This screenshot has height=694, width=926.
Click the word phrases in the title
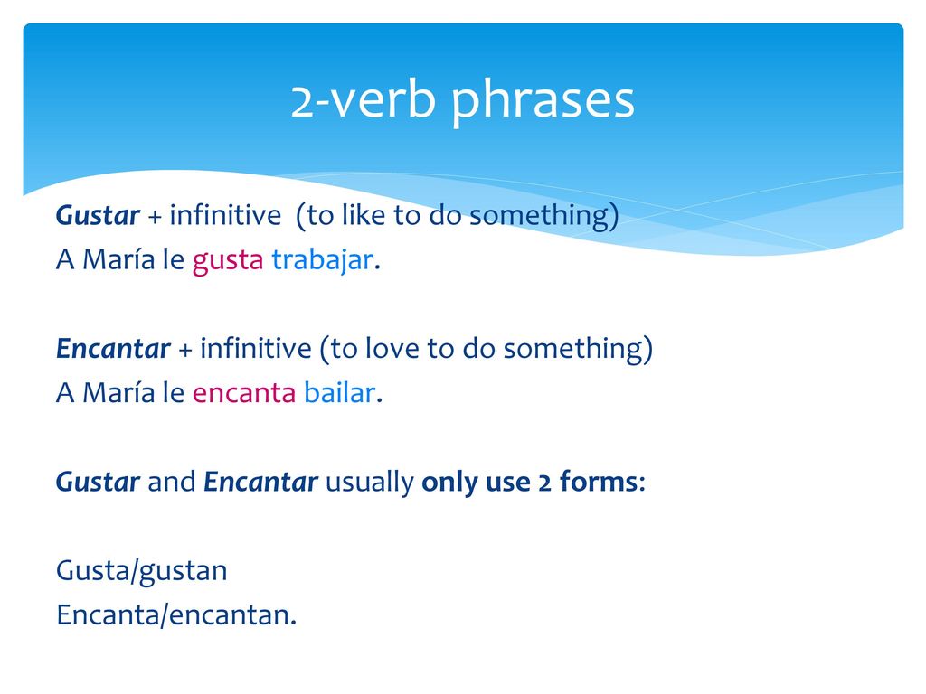tap(543, 101)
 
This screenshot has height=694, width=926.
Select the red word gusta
tap(227, 260)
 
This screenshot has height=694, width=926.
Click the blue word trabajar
tap(323, 260)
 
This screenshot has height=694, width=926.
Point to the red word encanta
tap(244, 392)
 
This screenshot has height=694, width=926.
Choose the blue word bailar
tap(340, 392)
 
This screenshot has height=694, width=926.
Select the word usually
tap(370, 483)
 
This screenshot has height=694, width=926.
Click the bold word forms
tap(599, 482)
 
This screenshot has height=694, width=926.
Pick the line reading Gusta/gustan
tap(142, 571)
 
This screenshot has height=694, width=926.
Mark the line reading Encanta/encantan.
tap(176, 614)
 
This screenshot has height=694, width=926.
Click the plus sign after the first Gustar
tap(155, 217)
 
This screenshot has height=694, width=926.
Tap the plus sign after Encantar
tap(184, 350)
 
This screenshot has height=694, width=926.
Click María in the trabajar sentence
tap(118, 259)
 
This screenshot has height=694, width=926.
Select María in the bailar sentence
tap(118, 392)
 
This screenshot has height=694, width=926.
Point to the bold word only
tap(449, 483)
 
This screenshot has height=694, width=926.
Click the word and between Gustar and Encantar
tap(171, 482)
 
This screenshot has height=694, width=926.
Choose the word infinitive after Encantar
tap(256, 348)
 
